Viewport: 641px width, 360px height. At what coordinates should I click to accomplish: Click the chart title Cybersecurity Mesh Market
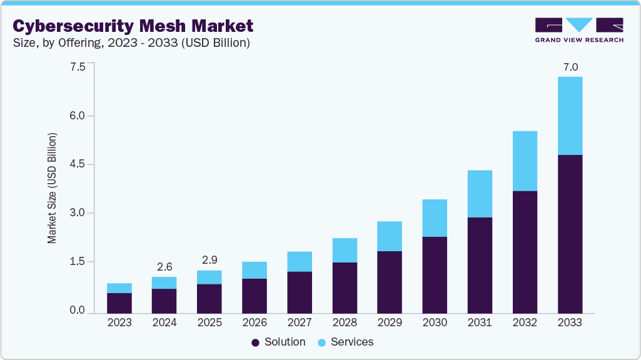[x=133, y=26]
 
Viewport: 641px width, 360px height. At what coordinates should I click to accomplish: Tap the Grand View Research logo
[x=578, y=30]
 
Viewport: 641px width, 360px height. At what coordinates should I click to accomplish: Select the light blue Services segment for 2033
[x=570, y=116]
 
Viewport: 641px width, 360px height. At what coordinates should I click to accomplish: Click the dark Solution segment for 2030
[x=435, y=274]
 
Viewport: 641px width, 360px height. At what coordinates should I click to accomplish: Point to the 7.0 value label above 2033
[x=570, y=67]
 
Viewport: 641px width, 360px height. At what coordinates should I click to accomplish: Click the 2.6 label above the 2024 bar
[x=164, y=267]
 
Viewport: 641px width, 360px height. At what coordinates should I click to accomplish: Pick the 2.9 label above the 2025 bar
[x=209, y=260]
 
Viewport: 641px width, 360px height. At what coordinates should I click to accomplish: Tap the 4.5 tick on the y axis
[x=78, y=164]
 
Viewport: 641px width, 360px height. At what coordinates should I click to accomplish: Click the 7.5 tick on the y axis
[x=78, y=67]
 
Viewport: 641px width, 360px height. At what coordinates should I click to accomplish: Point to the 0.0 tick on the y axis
[x=78, y=310]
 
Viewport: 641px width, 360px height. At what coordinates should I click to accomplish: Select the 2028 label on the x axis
[x=345, y=323]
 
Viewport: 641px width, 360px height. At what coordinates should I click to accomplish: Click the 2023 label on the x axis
[x=119, y=323]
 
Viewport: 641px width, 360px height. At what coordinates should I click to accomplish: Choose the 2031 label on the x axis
[x=480, y=323]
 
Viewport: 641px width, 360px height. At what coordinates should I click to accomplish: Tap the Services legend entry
[x=346, y=342]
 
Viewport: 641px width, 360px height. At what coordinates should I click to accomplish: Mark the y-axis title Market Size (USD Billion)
[x=53, y=187]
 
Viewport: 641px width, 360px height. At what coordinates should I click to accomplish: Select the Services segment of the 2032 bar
[x=525, y=161]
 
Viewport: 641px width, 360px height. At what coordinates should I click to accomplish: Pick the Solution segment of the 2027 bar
[x=300, y=292]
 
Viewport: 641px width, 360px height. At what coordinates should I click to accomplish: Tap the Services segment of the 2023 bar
[x=119, y=288]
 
